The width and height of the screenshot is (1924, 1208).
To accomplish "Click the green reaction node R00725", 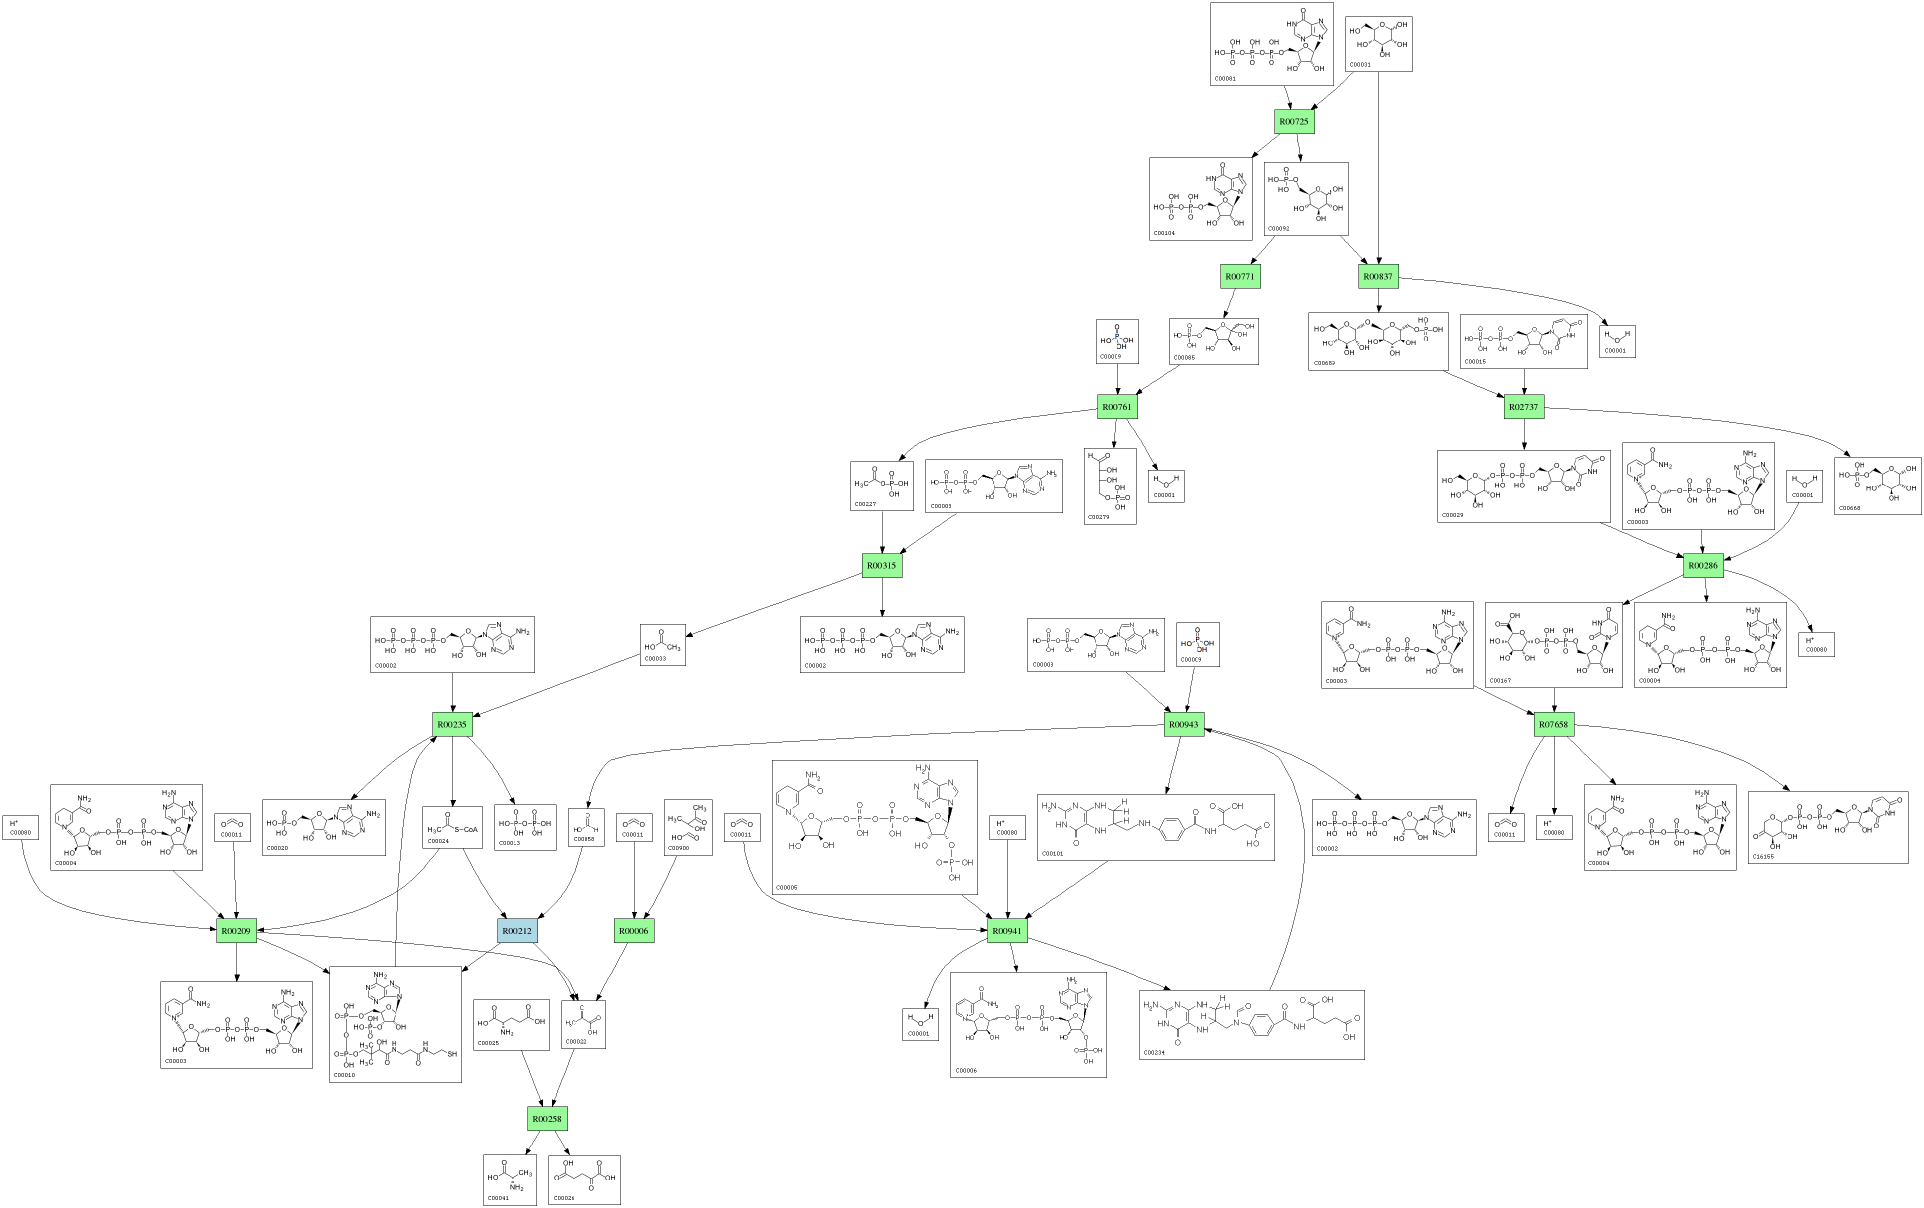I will pyautogui.click(x=1293, y=121).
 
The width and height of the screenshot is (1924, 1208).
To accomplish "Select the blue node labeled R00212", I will pyautogui.click(x=517, y=931).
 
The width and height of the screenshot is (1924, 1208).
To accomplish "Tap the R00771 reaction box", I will pyautogui.click(x=1240, y=276).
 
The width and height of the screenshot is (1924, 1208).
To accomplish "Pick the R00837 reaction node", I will pyautogui.click(x=1378, y=276).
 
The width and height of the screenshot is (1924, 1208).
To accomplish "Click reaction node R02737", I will pyautogui.click(x=1523, y=406).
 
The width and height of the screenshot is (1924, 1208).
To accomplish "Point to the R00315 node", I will pyautogui.click(x=882, y=565).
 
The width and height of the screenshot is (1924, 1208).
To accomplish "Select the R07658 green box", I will pyautogui.click(x=1554, y=724).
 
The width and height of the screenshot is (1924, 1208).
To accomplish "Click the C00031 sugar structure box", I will pyautogui.click(x=1378, y=44).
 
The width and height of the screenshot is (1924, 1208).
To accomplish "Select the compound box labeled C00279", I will pyautogui.click(x=1110, y=486).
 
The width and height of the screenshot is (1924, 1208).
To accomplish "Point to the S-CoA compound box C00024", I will pyautogui.click(x=452, y=827).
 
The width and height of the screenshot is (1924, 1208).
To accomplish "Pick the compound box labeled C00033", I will pyautogui.click(x=662, y=644).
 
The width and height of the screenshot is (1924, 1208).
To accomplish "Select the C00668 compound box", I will pyautogui.click(x=1877, y=486).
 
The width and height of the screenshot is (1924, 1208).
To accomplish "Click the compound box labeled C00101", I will pyautogui.click(x=1155, y=827).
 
